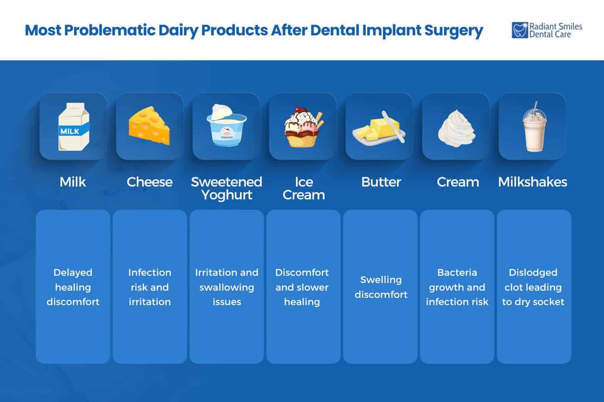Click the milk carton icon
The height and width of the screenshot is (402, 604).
[73, 126]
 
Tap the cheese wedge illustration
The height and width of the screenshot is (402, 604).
[149, 126]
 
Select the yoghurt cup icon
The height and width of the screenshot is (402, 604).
[226, 126]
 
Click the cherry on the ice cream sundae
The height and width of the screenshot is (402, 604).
[298, 109]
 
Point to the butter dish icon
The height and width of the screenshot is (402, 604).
[379, 128]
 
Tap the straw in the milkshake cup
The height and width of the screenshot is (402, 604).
[535, 107]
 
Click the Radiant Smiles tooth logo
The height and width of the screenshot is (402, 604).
[519, 30]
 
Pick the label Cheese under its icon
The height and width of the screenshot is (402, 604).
[149, 182]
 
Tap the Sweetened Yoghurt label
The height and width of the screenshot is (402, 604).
[226, 188]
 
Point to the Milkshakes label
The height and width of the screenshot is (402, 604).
[532, 182]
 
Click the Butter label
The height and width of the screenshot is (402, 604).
[381, 182]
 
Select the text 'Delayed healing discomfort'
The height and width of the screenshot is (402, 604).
[73, 287]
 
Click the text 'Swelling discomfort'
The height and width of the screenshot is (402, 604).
[381, 287]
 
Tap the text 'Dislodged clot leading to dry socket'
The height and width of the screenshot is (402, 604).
[533, 287]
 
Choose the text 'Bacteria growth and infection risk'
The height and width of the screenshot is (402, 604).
[457, 287]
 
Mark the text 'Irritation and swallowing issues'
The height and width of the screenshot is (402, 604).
[227, 287]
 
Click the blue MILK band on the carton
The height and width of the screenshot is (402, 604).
[70, 131]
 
